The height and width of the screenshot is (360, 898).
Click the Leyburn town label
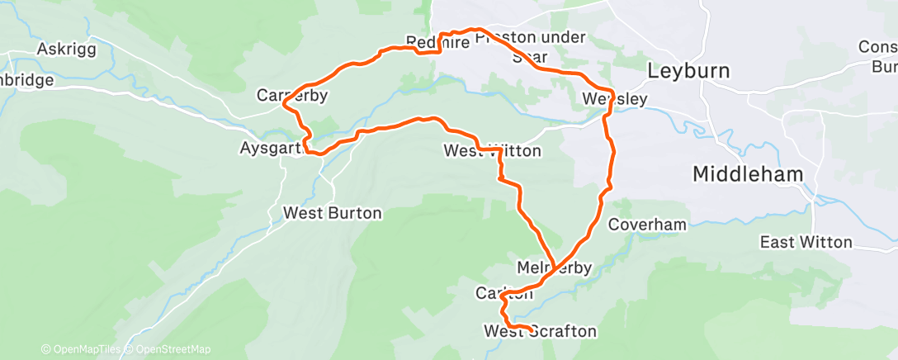688,70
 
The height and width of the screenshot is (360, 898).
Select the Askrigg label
67,50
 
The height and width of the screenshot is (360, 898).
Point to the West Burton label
333,213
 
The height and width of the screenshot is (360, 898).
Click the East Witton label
806,242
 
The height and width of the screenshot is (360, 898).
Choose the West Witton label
492,151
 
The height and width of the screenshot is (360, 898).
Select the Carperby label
292,96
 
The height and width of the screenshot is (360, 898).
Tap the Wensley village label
614,99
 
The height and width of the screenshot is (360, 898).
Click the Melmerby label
554,268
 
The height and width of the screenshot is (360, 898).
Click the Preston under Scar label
530,47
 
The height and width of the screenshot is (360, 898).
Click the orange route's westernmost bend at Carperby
284,105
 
